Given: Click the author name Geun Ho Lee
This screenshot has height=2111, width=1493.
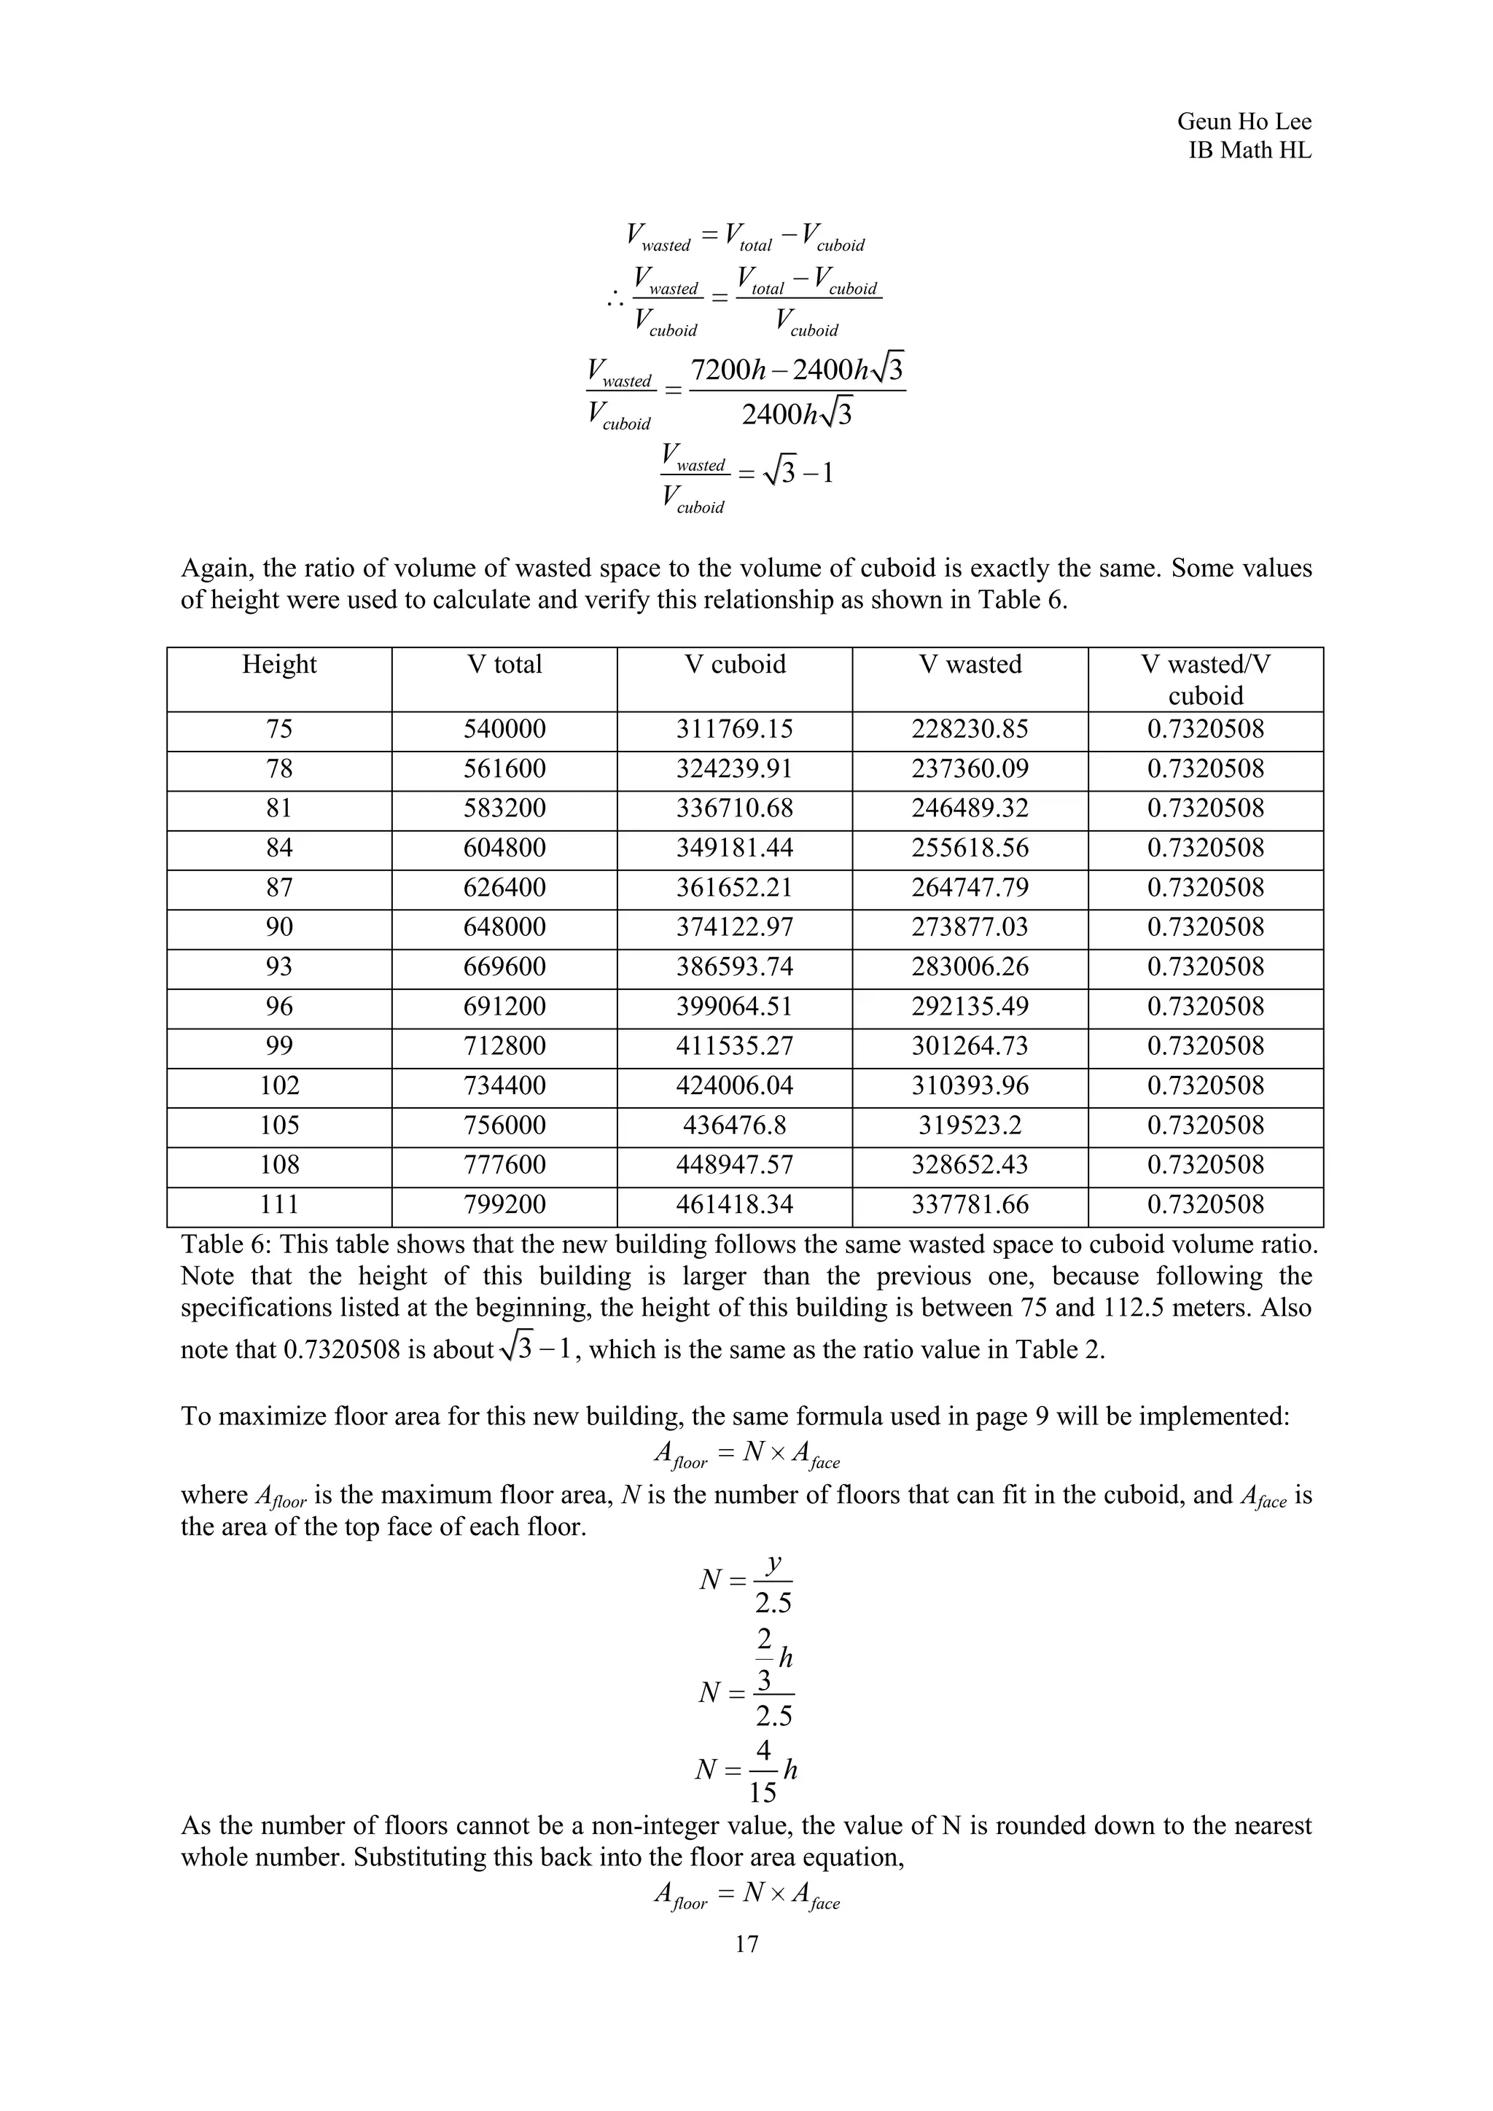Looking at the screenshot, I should pos(1243,121).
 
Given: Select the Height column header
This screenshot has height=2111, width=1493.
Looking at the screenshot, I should pos(278,665).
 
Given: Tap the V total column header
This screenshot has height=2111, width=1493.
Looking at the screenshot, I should pos(504,665).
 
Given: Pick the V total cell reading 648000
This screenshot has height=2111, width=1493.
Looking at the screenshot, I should pos(504,926).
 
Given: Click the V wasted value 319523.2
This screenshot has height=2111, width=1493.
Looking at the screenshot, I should pos(969,1125).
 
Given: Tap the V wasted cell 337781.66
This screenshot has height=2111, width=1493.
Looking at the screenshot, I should pos(969,1203).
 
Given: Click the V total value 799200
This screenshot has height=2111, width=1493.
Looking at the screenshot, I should pos(504,1203).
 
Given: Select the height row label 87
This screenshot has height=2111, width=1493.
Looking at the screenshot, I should pos(278,887).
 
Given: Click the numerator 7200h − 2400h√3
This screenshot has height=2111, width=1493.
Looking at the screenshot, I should pos(796,370).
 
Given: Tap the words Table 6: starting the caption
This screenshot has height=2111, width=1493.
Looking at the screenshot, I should pos(226,1245).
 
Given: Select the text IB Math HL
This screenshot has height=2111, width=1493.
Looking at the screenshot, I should pos(1250,151).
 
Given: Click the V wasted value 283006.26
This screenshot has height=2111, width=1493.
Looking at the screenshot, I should pos(969,967).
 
